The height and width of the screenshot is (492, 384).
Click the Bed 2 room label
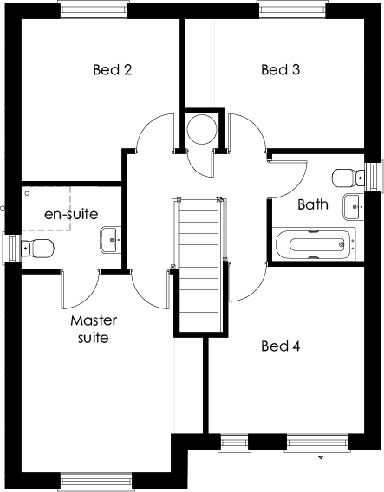click(x=112, y=70)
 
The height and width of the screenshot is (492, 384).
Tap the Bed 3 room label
click(x=280, y=70)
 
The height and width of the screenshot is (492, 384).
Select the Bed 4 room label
click(x=280, y=346)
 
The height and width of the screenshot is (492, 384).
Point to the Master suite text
click(x=93, y=329)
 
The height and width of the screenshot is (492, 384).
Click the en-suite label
click(x=71, y=213)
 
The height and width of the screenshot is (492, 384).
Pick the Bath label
click(x=312, y=205)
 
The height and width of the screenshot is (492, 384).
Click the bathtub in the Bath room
click(x=314, y=244)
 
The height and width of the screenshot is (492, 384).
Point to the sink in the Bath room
click(x=353, y=207)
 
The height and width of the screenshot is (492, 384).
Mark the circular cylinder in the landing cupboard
click(x=203, y=129)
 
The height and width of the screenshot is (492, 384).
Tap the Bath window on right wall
click(x=374, y=176)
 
